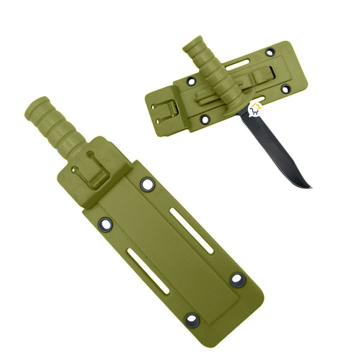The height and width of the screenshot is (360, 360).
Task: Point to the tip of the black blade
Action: tap(310, 187)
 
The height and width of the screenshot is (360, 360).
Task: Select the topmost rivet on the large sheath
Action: tap(147, 184)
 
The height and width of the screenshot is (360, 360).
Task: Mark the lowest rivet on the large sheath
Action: tap(191, 319)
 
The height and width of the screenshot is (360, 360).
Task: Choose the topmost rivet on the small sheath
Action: tap(270, 51)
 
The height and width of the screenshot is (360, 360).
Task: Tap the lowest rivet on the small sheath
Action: tap(204, 119)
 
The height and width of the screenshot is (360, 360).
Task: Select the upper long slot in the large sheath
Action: tap(190, 229)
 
